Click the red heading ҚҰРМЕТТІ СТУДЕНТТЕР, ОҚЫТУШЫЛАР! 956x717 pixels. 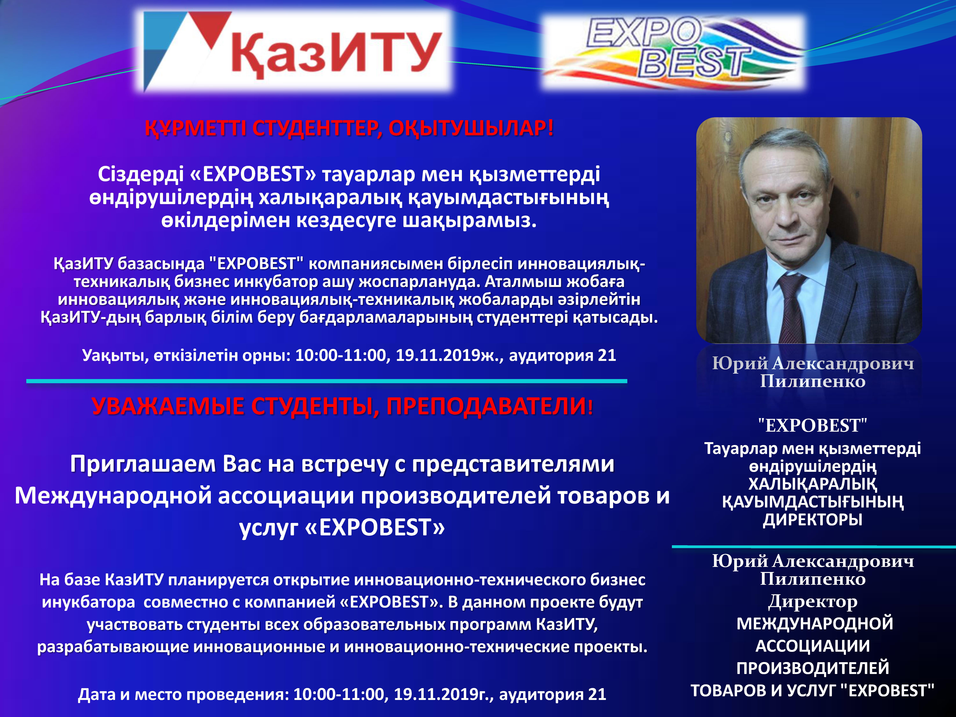coord(349,128)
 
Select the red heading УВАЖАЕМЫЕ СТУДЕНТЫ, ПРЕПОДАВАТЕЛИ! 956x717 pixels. coord(342,406)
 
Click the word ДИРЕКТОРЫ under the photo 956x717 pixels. coord(812,519)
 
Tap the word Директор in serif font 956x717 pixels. coord(812,601)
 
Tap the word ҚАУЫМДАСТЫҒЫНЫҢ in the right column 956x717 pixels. coord(812,502)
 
